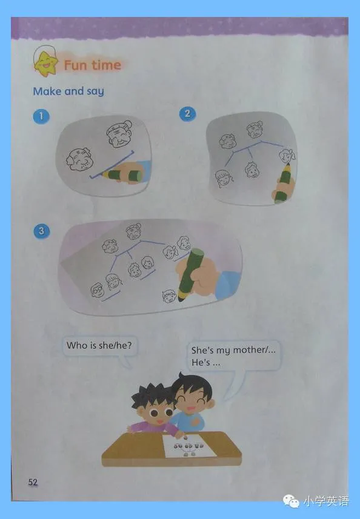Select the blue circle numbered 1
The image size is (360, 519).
click(41, 116)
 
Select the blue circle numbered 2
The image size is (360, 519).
click(187, 114)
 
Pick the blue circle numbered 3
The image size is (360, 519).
click(41, 231)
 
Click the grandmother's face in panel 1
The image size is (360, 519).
click(119, 133)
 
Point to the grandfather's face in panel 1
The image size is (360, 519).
click(79, 159)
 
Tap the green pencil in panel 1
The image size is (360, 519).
click(122, 175)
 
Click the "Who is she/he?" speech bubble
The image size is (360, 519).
click(99, 346)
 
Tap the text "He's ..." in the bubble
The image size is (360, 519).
click(205, 363)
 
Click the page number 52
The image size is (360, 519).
click(33, 481)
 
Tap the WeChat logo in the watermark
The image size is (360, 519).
click(291, 501)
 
